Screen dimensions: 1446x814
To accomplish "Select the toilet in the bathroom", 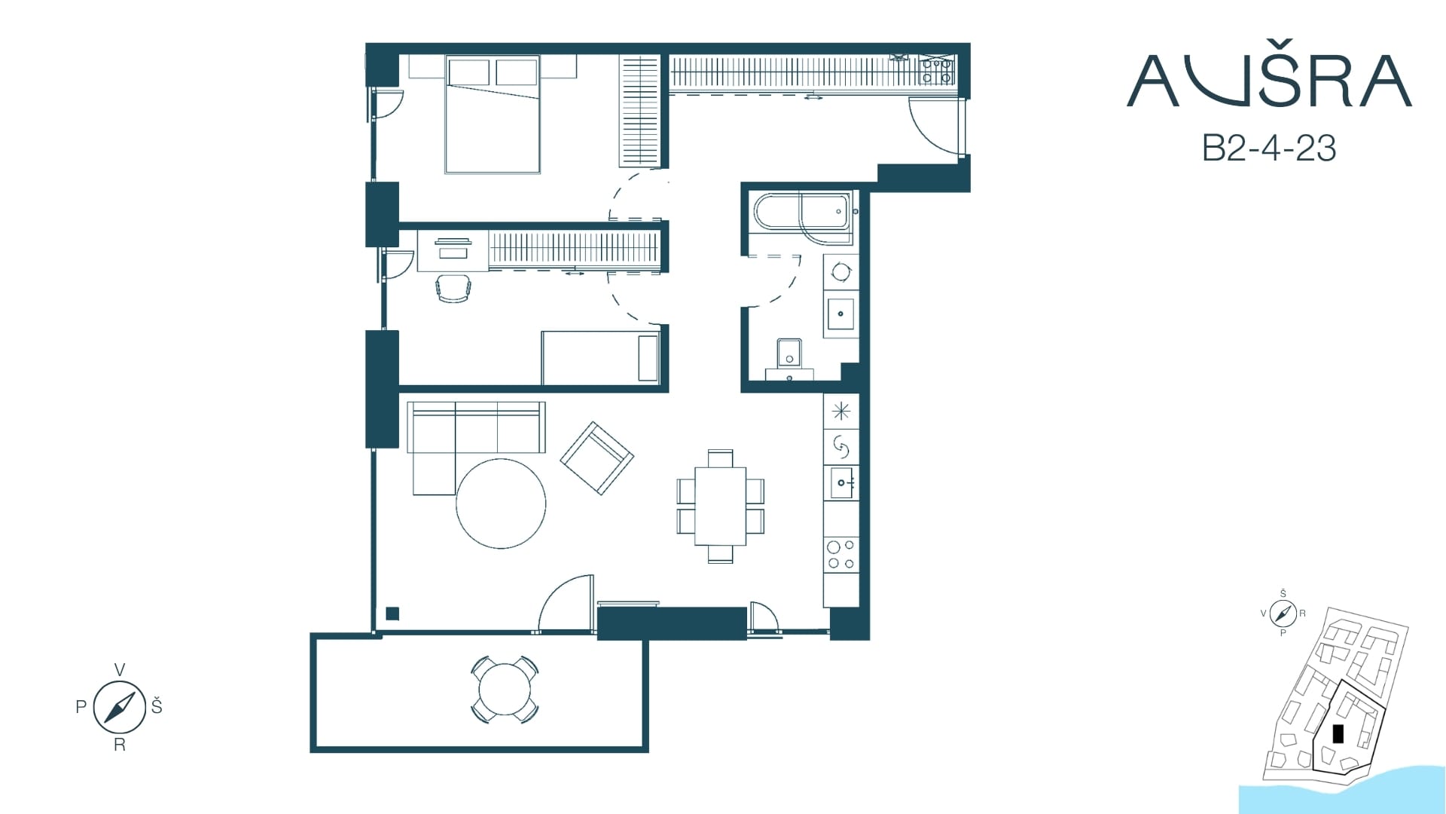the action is click(789, 359).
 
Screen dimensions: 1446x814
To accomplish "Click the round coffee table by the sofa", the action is click(501, 503).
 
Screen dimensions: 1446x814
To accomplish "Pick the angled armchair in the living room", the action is click(596, 457).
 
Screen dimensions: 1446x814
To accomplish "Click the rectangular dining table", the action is click(720, 506).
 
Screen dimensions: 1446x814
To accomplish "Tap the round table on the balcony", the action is click(505, 690).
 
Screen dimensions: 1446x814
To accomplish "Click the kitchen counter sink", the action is click(841, 483).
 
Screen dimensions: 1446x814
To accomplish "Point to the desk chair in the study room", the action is click(453, 289).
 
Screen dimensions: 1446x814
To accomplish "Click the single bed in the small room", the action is click(601, 358).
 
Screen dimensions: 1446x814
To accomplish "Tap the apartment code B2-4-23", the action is click(1269, 148).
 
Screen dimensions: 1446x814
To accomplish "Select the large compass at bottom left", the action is click(119, 707).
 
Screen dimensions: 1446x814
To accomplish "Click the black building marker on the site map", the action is click(1338, 733).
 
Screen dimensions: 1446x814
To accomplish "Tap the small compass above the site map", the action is click(1283, 614).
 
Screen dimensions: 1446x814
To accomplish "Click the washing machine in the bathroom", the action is click(841, 272).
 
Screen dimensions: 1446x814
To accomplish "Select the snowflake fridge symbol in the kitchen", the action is click(841, 412).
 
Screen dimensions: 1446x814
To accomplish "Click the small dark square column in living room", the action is click(392, 614).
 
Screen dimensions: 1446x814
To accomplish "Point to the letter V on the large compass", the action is click(119, 670).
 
